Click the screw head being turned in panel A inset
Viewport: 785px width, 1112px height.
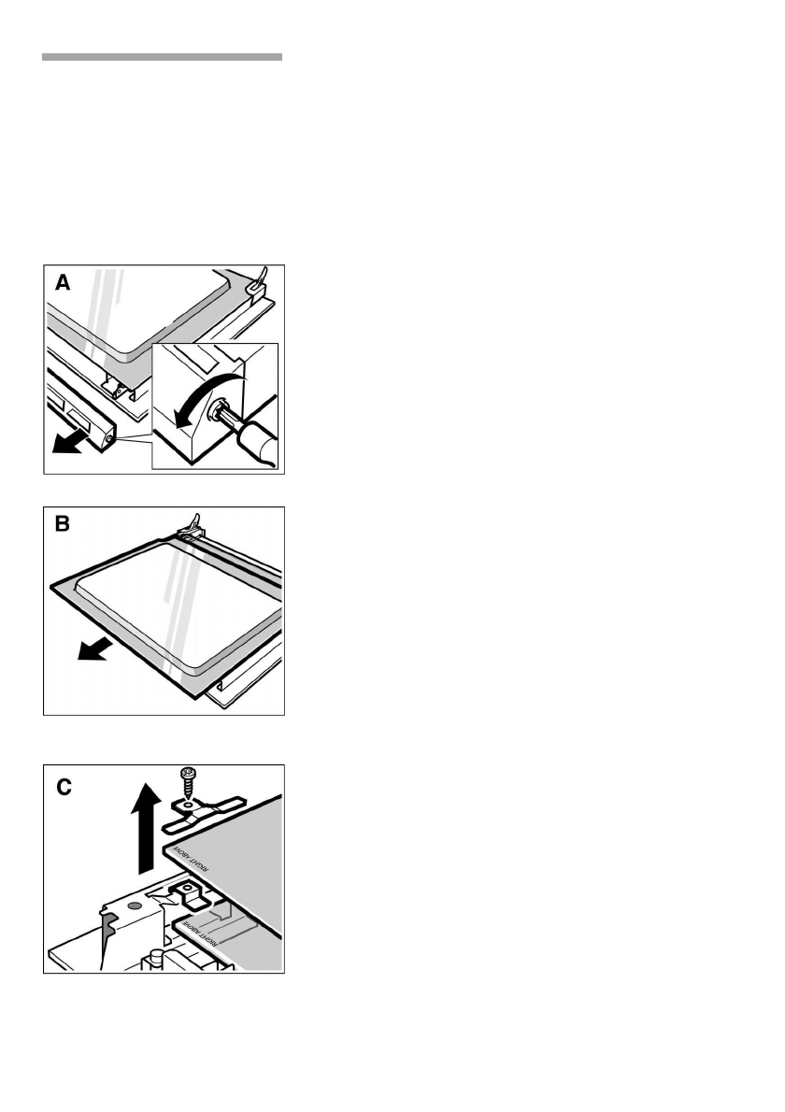221,412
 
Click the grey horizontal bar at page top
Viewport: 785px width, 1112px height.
162,57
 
